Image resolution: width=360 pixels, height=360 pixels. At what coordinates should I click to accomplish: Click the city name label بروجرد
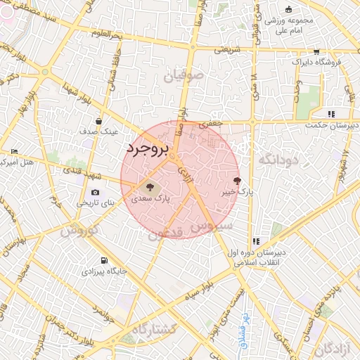coord(149,149)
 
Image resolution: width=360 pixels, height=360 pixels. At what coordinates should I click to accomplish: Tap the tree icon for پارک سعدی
coord(148,187)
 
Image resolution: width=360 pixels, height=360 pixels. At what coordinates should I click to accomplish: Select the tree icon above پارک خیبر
coord(236,181)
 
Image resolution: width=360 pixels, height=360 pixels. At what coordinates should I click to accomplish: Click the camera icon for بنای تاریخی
coord(95,193)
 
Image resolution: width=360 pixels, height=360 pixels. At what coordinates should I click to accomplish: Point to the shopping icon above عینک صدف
coord(98,121)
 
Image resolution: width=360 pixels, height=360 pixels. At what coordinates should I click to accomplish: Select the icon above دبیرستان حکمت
coord(331,114)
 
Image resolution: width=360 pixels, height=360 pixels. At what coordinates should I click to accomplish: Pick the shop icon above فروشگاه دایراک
coord(316,51)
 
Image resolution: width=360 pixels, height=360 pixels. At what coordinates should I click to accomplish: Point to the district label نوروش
coord(77,231)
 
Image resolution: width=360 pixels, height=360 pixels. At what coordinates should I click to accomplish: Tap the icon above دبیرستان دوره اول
coord(256,240)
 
